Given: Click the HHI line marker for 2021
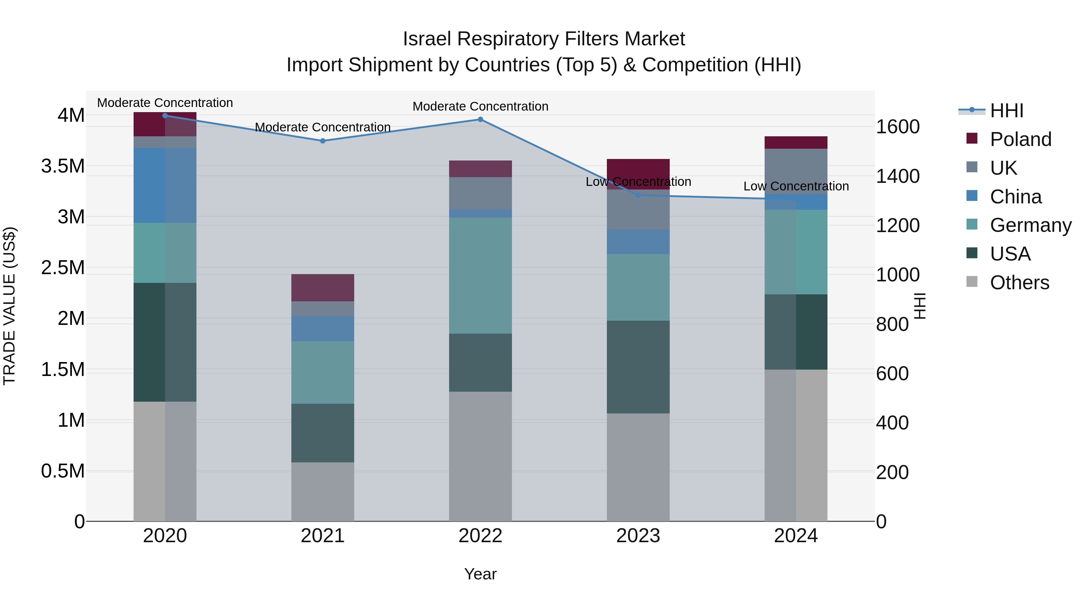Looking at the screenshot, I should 323,141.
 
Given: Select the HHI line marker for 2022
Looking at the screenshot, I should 480,119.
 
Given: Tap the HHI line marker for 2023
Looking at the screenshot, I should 638,195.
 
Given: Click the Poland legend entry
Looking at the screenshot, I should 1020,139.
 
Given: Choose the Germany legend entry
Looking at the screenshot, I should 1030,225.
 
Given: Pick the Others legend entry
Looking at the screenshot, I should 1019,283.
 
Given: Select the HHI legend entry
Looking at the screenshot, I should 1006,111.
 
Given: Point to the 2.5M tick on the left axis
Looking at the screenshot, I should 63,268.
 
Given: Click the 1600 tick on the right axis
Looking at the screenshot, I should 898,127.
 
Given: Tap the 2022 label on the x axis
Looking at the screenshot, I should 480,536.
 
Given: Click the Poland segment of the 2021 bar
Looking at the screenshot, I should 323,288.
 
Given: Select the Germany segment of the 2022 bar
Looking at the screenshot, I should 480,275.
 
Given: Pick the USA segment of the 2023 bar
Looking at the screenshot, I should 638,367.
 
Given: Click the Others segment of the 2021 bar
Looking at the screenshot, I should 323,492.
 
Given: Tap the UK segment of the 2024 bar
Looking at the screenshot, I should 796,171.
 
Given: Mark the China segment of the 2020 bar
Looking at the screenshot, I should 165,185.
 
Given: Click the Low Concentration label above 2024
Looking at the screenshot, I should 796,186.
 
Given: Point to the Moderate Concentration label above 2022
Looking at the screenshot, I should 480,106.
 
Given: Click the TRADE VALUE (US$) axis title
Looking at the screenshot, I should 9,306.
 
